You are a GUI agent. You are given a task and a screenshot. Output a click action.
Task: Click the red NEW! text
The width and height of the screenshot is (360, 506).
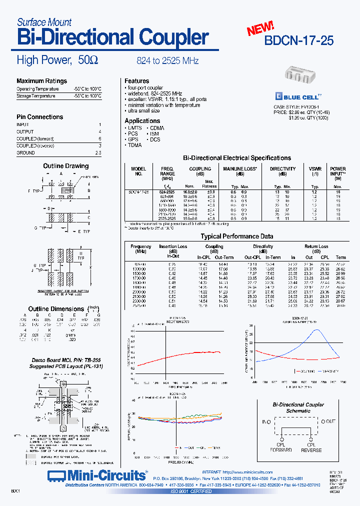260,28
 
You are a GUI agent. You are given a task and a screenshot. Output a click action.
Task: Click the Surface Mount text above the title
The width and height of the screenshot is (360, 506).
44,22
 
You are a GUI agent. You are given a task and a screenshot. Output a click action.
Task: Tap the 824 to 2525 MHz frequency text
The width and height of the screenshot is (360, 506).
167,61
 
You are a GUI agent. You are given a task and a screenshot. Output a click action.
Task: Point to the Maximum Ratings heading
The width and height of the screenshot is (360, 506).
41,81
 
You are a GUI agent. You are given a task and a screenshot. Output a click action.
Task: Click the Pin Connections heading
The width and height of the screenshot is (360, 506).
40,117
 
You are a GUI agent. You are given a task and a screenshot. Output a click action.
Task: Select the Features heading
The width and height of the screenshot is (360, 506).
136,81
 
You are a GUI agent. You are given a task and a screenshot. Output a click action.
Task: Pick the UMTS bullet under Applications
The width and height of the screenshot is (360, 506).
134,128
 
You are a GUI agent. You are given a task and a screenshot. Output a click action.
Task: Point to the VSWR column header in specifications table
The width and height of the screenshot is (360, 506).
315,169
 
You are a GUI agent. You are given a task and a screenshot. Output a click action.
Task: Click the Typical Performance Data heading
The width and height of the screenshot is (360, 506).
236,236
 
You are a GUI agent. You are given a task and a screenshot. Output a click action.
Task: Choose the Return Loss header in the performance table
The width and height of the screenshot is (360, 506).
316,246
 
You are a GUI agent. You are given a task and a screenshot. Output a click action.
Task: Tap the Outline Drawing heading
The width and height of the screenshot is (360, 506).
65,166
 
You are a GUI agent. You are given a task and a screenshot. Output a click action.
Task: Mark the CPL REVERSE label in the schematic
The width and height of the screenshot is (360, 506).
311,447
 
